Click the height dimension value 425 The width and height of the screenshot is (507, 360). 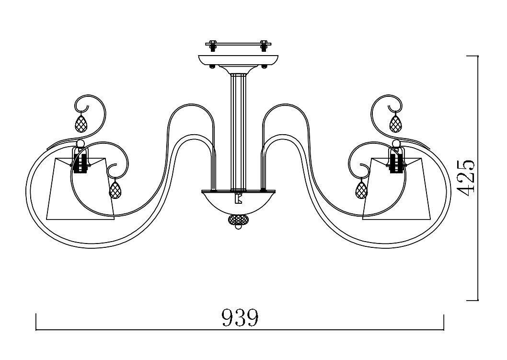click(x=467, y=178)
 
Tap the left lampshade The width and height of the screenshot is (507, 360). click(x=81, y=189)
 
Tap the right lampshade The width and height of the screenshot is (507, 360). click(x=399, y=189)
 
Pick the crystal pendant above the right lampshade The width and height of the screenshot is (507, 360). click(x=394, y=123)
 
